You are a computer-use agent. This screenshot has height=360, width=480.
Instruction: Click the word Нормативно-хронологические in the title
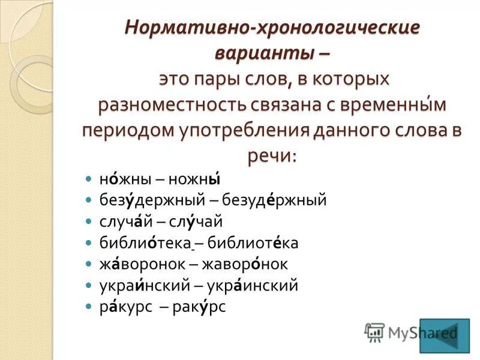click(x=271, y=28)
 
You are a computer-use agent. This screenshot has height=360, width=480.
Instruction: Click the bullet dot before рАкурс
click(x=88, y=307)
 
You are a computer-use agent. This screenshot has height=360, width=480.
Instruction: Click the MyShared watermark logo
click(x=411, y=332)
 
